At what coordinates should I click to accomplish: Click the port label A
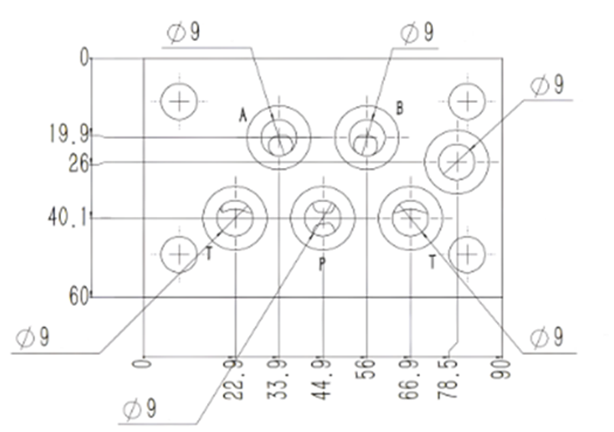[244, 115]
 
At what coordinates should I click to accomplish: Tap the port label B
[399, 108]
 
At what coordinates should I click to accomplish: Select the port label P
[322, 265]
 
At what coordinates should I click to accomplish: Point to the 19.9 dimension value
[69, 134]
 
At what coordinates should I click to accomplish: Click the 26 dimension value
[79, 163]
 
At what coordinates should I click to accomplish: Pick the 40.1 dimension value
[67, 217]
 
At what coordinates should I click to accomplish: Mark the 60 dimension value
[79, 298]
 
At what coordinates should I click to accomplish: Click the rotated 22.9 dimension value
[234, 378]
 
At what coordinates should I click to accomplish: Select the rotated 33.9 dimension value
[278, 378]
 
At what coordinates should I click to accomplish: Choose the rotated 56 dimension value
[366, 369]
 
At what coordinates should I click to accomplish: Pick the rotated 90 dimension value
[501, 369]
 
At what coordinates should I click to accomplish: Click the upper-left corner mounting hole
[179, 102]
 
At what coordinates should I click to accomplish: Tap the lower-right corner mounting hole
[467, 255]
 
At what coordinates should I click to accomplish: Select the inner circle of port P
[323, 218]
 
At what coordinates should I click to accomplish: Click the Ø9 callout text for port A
[183, 32]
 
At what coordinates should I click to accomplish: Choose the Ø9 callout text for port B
[417, 32]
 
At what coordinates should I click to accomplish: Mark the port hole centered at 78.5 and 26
[457, 162]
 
